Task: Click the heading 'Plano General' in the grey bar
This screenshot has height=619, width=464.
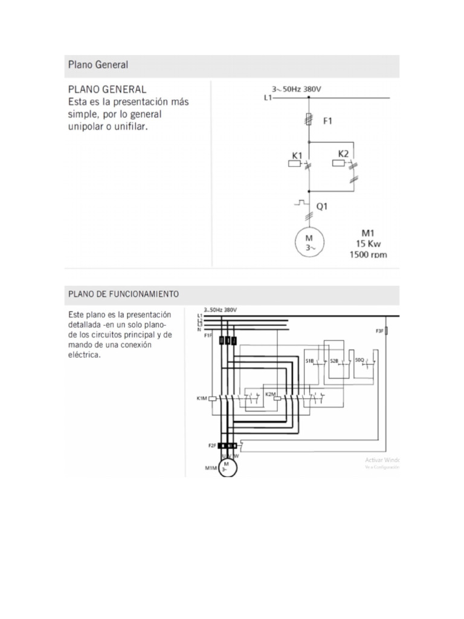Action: tap(98, 65)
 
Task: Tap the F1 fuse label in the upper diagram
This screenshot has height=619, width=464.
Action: tap(327, 121)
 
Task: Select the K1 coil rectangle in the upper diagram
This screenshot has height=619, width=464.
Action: tap(297, 163)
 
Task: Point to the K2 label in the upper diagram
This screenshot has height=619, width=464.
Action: tap(343, 154)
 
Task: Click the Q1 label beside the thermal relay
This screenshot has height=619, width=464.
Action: tap(322, 206)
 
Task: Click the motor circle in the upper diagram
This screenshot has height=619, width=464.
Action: tap(309, 243)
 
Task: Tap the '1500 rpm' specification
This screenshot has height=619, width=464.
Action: tap(367, 255)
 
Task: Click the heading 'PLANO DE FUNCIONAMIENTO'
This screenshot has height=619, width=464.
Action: tap(123, 294)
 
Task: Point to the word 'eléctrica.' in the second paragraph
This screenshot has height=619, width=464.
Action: tap(85, 355)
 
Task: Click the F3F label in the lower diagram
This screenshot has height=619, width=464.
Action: tap(379, 331)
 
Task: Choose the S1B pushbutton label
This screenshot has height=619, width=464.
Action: tap(309, 361)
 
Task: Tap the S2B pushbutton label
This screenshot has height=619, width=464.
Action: tap(334, 361)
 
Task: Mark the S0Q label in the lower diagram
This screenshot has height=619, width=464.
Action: tap(359, 360)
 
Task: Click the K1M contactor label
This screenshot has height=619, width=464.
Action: tap(201, 398)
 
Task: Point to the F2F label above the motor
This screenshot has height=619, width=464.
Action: tap(212, 446)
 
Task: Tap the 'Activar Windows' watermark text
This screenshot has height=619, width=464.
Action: tap(382, 460)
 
